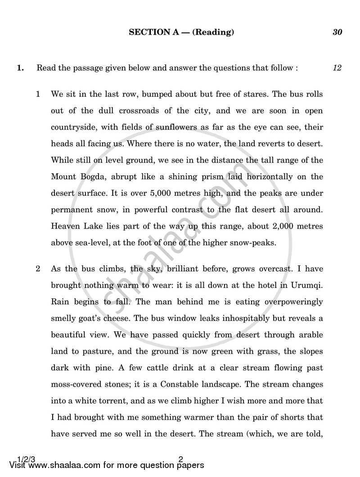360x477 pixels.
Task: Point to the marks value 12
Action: click(x=337, y=68)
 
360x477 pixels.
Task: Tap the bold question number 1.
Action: click(x=20, y=68)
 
